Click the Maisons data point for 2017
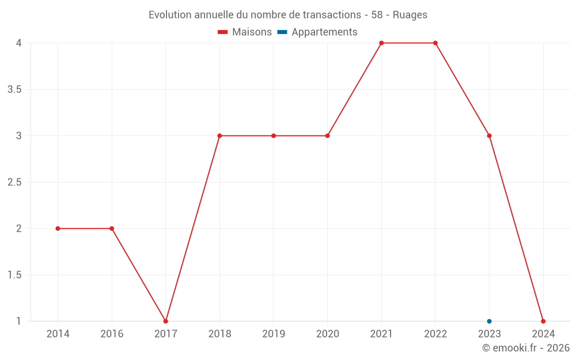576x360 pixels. tap(165, 321)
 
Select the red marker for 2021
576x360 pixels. tap(381, 43)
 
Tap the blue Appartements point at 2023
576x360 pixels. tap(489, 321)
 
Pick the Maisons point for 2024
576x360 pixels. tap(543, 321)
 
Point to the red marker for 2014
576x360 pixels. tap(58, 229)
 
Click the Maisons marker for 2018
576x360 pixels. tap(219, 136)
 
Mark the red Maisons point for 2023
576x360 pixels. tap(489, 136)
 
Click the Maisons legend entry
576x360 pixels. tap(245, 32)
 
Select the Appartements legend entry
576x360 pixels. tap(317, 32)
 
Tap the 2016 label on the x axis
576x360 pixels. tap(112, 334)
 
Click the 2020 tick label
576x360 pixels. tap(327, 334)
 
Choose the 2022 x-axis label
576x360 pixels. tap(435, 334)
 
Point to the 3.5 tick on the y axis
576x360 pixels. tap(14, 89)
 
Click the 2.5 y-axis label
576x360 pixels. tap(14, 182)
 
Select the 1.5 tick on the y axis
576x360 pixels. tap(14, 275)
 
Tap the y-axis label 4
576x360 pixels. tap(19, 43)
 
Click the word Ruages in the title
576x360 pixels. tap(410, 15)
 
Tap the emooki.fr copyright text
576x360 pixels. tap(526, 348)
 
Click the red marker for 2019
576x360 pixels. tap(274, 136)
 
